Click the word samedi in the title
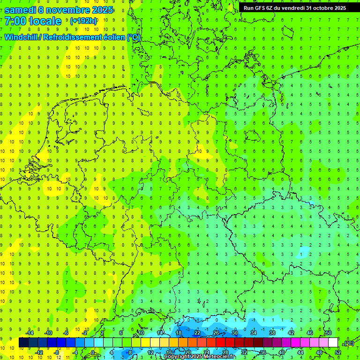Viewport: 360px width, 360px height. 22,10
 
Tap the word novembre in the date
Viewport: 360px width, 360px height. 70,10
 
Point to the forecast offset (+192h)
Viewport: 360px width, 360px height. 83,21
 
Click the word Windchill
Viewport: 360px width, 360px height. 22,37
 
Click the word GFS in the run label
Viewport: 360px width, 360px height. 262,7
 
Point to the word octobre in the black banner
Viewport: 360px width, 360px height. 323,7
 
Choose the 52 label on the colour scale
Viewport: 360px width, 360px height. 338,352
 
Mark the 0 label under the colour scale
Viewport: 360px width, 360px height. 93,352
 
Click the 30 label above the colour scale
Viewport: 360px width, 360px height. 234,333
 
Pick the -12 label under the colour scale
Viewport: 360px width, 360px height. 39,352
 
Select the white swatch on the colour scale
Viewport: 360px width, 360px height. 333,343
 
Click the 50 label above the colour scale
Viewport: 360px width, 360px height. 328,333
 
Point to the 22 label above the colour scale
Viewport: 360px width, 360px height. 197,333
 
